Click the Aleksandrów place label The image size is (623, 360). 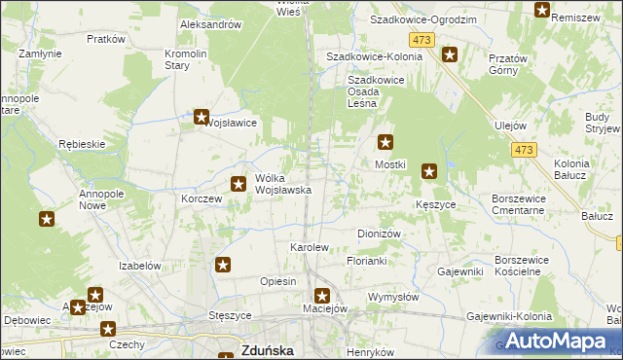pyautogui.click(x=210, y=24)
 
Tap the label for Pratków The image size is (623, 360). pyautogui.click(x=106, y=39)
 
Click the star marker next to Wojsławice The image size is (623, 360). pyautogui.click(x=202, y=118)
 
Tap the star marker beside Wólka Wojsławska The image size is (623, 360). pyautogui.click(x=238, y=183)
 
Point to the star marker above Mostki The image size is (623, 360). pyautogui.click(x=385, y=142)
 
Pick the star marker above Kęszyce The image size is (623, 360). pyautogui.click(x=429, y=173)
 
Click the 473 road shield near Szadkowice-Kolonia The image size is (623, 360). pyautogui.click(x=421, y=39)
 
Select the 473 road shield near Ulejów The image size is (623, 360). pyautogui.click(x=524, y=149)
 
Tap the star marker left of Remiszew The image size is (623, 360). pyautogui.click(x=542, y=11)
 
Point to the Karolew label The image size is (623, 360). pyautogui.click(x=310, y=248)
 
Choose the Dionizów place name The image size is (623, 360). pyautogui.click(x=380, y=234)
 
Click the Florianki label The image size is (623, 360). pyautogui.click(x=367, y=262)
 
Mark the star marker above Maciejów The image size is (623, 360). pyautogui.click(x=323, y=295)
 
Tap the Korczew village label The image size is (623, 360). pyautogui.click(x=202, y=198)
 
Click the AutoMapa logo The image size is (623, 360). pyautogui.click(x=552, y=340)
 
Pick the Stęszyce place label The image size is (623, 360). pyautogui.click(x=231, y=316)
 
